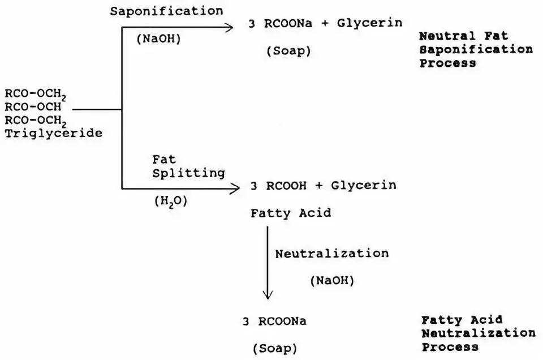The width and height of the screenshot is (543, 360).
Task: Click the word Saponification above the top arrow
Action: (166, 11)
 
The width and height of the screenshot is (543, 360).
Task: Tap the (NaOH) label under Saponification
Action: (158, 40)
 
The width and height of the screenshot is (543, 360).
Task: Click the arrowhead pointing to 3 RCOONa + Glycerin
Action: (230, 27)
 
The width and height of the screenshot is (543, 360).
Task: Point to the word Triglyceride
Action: (54, 134)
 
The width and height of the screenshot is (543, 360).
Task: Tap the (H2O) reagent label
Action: (171, 201)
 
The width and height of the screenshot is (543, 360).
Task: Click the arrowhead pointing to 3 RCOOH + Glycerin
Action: (236, 188)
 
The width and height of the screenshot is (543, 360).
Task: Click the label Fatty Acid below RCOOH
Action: (291, 213)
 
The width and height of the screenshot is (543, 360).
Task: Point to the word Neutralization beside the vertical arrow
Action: (332, 254)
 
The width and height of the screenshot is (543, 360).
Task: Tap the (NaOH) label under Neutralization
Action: (332, 280)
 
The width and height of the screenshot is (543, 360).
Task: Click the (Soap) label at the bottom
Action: (274, 347)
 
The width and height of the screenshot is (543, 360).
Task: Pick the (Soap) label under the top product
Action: (289, 51)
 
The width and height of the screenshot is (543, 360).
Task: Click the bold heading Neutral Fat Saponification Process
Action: (476, 50)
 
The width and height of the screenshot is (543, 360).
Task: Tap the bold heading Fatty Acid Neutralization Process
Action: (478, 333)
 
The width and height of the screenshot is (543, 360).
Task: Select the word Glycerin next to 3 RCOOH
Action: (364, 186)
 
